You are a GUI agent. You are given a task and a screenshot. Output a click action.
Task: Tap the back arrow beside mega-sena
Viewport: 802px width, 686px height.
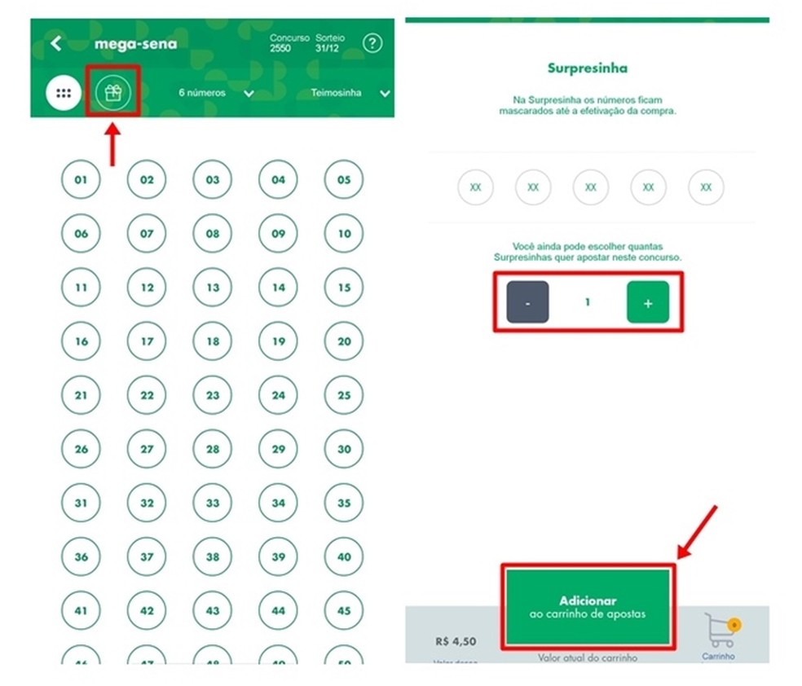pos(55,44)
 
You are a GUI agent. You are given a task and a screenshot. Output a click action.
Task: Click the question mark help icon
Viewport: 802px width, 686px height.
pos(372,44)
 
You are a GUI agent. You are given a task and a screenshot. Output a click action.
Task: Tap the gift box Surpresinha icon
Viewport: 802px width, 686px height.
pos(112,93)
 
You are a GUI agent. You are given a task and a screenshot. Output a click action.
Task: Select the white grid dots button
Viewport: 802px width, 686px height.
pos(64,93)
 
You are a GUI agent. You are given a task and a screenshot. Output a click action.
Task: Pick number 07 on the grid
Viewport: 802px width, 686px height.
pos(147,234)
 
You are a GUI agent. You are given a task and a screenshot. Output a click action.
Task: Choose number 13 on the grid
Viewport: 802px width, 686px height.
pos(213,288)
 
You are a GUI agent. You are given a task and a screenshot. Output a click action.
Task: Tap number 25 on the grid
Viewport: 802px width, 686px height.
pos(344,395)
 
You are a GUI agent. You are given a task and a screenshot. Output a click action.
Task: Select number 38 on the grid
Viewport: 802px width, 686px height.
pos(213,557)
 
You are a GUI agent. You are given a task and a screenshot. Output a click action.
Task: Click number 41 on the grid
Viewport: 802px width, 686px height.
pos(81,611)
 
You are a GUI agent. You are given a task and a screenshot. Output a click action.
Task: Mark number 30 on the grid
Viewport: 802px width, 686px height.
pos(344,449)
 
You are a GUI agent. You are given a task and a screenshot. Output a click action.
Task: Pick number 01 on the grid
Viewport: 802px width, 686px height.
pos(81,180)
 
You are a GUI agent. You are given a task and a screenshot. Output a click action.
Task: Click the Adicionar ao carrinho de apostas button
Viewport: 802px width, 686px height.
pos(588,607)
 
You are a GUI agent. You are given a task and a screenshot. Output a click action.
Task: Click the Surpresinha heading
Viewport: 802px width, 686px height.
pos(587,68)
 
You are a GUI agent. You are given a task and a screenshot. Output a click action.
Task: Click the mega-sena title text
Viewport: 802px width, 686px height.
pos(135,44)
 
